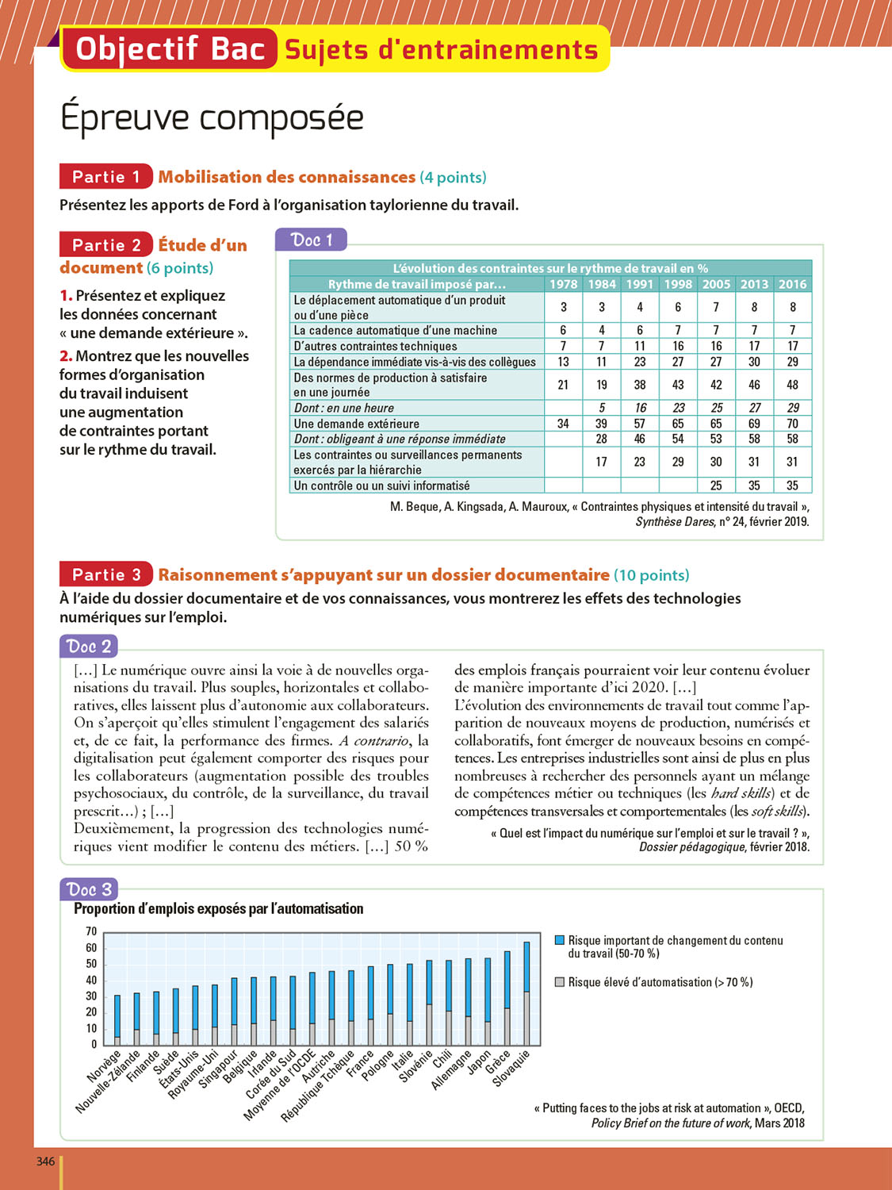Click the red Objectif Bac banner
pyautogui.click(x=170, y=49)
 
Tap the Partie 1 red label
pyautogui.click(x=105, y=177)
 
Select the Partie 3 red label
pyautogui.click(x=105, y=574)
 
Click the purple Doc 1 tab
pyautogui.click(x=311, y=240)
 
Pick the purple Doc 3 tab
pyautogui.click(x=88, y=889)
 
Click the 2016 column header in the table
pyautogui.click(x=792, y=284)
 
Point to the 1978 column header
pyautogui.click(x=563, y=284)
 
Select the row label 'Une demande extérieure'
pyautogui.click(x=357, y=424)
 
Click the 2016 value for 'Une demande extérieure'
pyautogui.click(x=792, y=424)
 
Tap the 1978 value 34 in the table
pyautogui.click(x=563, y=424)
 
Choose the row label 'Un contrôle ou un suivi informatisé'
pyautogui.click(x=381, y=486)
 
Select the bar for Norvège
pyautogui.click(x=117, y=1020)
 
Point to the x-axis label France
pyautogui.click(x=361, y=1060)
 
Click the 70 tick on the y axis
pyautogui.click(x=91, y=931)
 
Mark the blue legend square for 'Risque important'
pyautogui.click(x=560, y=940)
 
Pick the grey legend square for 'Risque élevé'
pyautogui.click(x=560, y=982)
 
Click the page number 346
pyautogui.click(x=45, y=1161)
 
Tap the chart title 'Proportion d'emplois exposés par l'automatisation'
pyautogui.click(x=219, y=908)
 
